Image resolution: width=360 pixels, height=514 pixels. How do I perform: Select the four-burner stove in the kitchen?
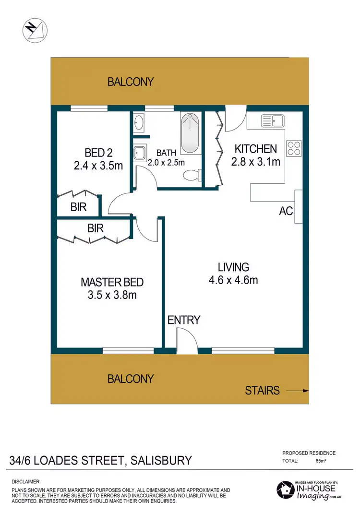[293, 148]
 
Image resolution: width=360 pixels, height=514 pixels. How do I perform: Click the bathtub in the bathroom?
[191, 133]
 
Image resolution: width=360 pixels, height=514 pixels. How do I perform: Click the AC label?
[286, 211]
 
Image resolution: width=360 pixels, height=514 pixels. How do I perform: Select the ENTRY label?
[183, 320]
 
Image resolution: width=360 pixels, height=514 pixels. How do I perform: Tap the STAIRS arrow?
[299, 390]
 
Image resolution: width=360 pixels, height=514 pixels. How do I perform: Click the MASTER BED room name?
[112, 282]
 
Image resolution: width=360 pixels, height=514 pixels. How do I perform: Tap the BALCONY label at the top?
[131, 82]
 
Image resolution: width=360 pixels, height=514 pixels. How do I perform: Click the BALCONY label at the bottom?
[131, 379]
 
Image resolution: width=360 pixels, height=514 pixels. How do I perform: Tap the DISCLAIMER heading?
[25, 481]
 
